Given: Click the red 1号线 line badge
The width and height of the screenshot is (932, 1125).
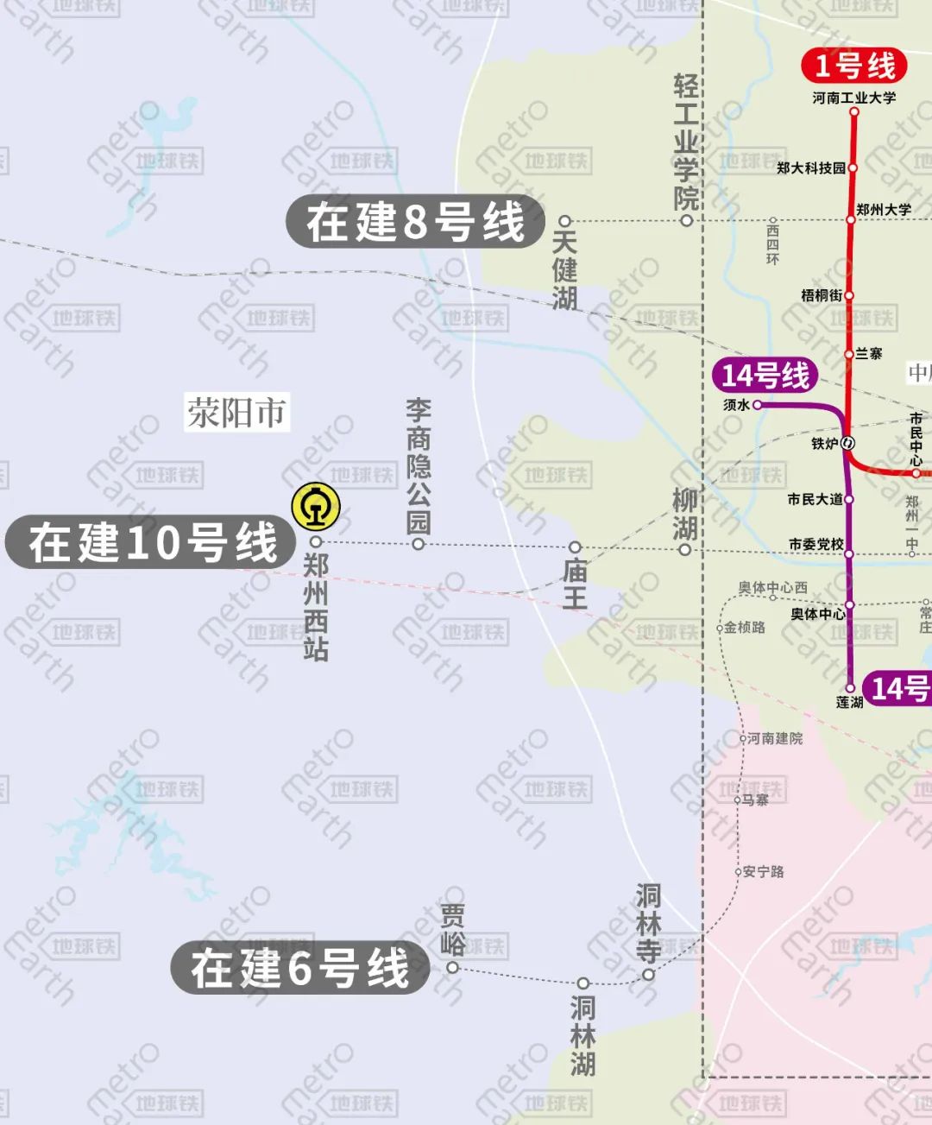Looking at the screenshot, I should pos(854,66).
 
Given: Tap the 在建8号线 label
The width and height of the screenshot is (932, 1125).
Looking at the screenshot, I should pos(416,221).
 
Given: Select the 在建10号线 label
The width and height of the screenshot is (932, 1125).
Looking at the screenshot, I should pos(153,543).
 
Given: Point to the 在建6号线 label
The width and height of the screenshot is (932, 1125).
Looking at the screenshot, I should pos(300,967).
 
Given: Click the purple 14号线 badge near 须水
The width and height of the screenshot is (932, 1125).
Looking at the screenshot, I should pos(765,376).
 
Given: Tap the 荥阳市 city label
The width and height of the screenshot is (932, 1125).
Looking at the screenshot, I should pos(236,413).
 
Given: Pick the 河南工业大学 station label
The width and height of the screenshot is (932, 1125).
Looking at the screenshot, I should pos(853,98).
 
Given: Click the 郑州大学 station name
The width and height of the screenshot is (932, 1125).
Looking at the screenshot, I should pos(884,209).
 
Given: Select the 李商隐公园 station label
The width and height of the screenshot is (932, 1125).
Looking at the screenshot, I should pos(418,466).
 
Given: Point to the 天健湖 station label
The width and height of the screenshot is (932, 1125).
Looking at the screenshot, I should pos(564,269).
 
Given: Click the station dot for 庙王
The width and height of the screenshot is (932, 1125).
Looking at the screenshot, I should pos(575,547).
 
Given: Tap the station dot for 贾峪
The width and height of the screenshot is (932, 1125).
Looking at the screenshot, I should pos(452,967).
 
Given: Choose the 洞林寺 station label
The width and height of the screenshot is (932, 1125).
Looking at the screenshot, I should pos(648,924).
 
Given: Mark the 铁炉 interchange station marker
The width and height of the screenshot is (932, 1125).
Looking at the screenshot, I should pos(847,443).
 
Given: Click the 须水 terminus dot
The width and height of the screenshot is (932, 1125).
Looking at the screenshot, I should pos(757,404).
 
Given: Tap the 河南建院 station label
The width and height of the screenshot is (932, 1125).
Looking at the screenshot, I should pos(774,738).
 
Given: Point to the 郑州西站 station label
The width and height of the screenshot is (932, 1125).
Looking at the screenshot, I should pos(316,608).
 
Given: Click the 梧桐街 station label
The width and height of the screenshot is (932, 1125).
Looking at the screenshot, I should pos(821,295).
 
